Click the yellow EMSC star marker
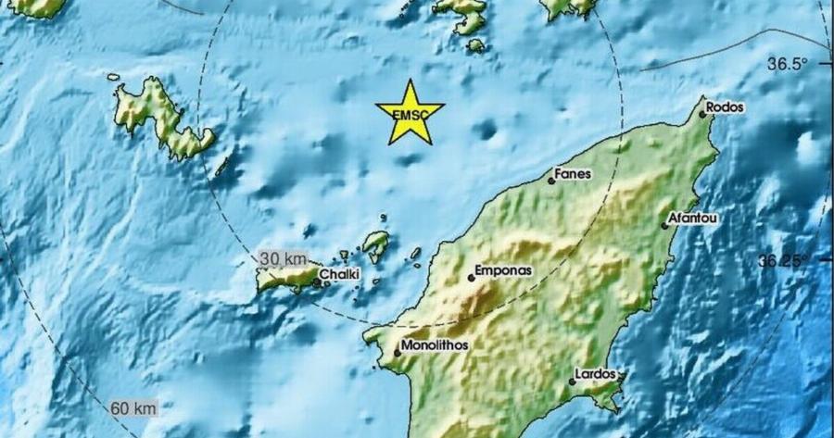tap(410, 113)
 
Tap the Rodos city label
tap(725, 107)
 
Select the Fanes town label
tap(573, 173)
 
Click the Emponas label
tap(503, 272)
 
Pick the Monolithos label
tap(432, 346)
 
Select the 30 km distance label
tap(282, 257)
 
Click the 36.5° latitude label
tap(788, 64)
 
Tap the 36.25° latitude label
tap(783, 261)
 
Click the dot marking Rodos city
tap(701, 114)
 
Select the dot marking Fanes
tap(550, 181)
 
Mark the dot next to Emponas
tap(471, 278)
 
